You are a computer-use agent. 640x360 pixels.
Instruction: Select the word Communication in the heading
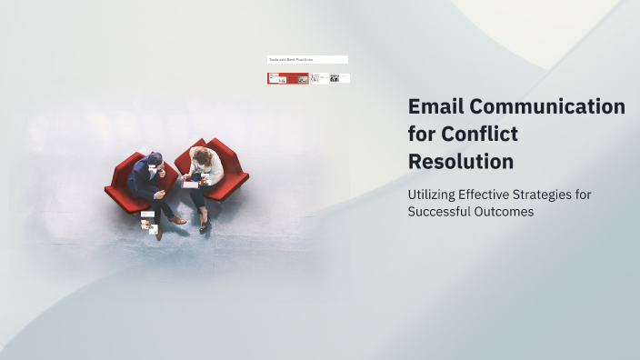click(548, 107)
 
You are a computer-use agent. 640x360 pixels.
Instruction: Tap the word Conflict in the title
click(480, 135)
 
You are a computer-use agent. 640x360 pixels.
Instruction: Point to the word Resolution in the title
click(461, 162)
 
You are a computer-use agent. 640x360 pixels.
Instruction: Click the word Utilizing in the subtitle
click(436, 195)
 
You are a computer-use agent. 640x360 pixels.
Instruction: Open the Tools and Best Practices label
click(306, 60)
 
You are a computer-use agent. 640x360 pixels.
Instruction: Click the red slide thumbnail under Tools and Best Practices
click(287, 79)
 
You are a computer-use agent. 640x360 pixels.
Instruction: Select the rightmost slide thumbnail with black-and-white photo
click(340, 79)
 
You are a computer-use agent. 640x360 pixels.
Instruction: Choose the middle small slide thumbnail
click(320, 79)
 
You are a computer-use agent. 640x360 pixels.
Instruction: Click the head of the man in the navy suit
click(155, 161)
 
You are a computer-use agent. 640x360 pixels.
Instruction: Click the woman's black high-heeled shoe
click(203, 225)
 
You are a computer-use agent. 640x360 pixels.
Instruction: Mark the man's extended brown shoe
click(177, 220)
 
